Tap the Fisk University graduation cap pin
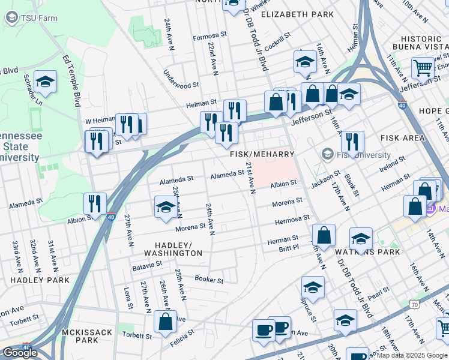[328, 154]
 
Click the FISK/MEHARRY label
[262, 154]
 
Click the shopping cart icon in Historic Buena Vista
[423, 68]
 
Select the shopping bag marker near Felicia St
[165, 322]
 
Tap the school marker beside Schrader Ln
[45, 82]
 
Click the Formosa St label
[208, 37]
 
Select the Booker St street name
[209, 280]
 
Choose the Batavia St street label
[147, 263]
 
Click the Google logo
[20, 353]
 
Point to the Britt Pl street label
[289, 248]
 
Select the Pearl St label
[379, 293]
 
